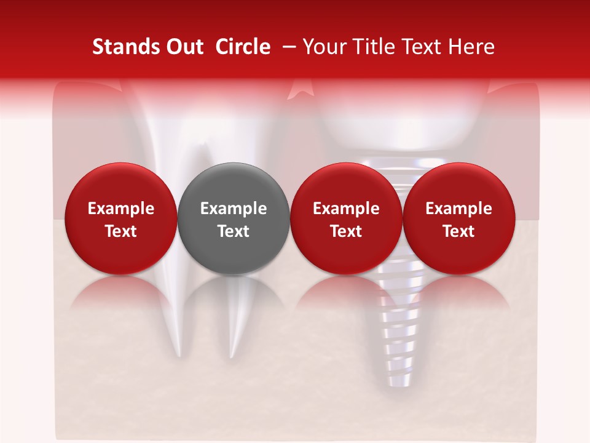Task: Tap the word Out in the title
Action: coord(183,47)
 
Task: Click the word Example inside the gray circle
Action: coord(234,209)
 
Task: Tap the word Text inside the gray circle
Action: coord(234,231)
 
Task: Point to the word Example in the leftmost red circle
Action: coord(120,209)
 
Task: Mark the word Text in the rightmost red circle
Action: coord(458,231)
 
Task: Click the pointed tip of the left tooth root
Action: coord(178,355)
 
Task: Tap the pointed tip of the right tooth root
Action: coord(232,356)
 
